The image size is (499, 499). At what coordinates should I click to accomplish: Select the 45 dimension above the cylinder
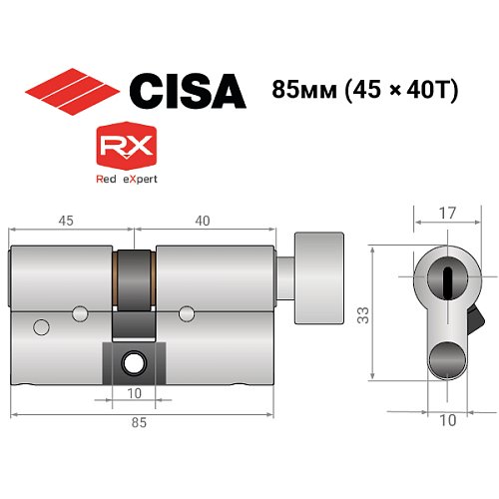[x=67, y=219]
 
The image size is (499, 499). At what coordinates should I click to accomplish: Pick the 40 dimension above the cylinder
[x=204, y=219]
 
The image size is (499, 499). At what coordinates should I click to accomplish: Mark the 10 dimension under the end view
[x=446, y=421]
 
